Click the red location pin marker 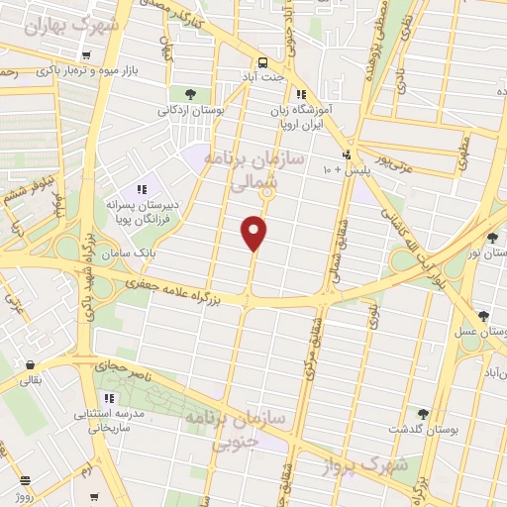click(255, 233)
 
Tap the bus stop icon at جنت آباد click(263, 59)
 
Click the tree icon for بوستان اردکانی click(190, 94)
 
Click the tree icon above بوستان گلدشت click(424, 413)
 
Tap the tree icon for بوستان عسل click(482, 317)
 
